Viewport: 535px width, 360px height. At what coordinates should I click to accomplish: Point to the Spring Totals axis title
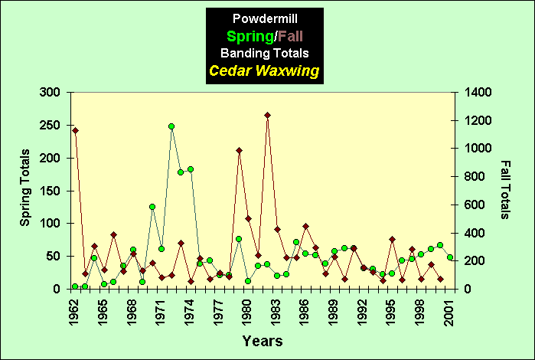[x=25, y=190]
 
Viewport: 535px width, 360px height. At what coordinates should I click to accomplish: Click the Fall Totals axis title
[x=506, y=190]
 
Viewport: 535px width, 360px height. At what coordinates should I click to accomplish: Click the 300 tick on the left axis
[x=51, y=92]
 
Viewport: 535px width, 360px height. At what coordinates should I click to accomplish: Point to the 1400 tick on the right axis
[x=472, y=92]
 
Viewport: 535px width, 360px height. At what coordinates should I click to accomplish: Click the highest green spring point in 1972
[x=171, y=126]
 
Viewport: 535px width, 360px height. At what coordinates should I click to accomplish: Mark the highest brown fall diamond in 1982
[x=267, y=115]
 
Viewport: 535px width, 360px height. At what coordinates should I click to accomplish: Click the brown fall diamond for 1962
[x=75, y=130]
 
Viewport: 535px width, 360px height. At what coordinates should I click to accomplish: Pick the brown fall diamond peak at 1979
[x=239, y=150]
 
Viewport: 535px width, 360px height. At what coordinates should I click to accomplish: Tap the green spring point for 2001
[x=450, y=257]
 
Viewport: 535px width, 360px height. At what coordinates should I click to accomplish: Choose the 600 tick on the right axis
[x=469, y=205]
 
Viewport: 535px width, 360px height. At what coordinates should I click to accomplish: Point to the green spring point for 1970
[x=152, y=207]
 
